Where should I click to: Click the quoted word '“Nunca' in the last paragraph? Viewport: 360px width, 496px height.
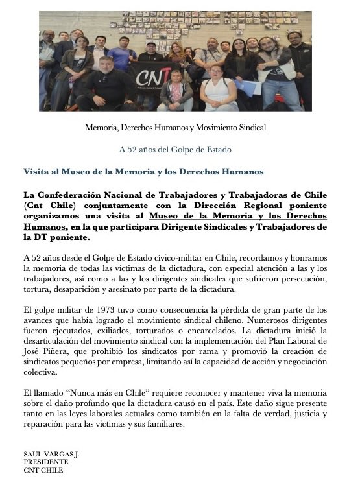pyautogui.click(x=78, y=392)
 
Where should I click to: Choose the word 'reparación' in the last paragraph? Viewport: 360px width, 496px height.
pyautogui.click(x=43, y=425)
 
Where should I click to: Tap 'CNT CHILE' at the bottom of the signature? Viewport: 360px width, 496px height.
pyautogui.click(x=43, y=470)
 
